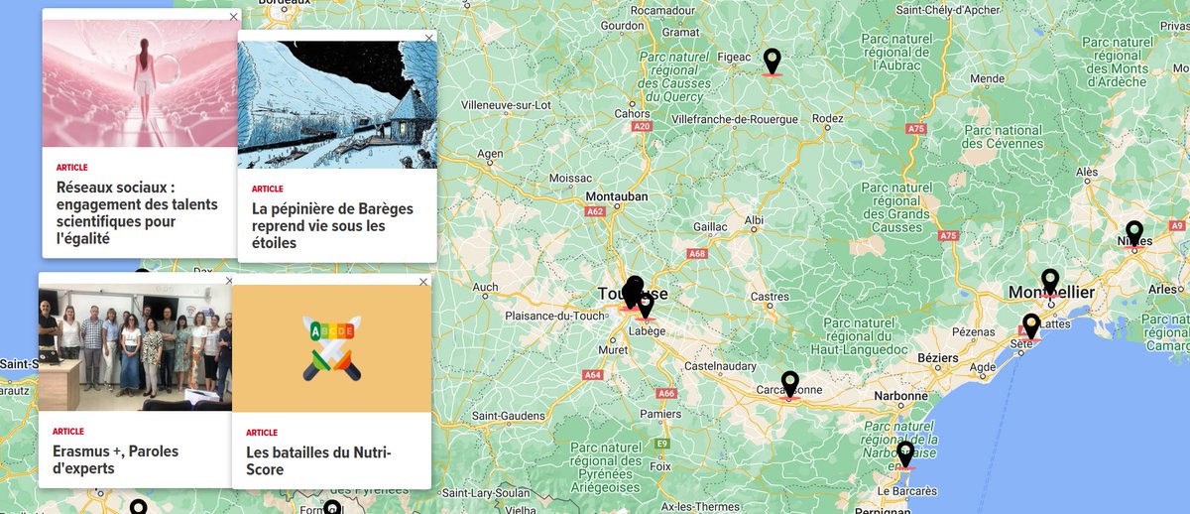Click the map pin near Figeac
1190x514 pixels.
coord(773,62)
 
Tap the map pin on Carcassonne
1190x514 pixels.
coord(790,384)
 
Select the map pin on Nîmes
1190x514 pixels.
coord(1134,233)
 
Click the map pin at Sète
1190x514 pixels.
coord(1031,325)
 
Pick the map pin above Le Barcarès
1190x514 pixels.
coord(905,454)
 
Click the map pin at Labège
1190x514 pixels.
coord(646,305)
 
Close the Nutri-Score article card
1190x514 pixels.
coord(423,282)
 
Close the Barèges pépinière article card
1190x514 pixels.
coord(429,38)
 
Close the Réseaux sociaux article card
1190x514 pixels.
coord(234,17)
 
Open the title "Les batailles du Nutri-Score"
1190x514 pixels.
coord(318,461)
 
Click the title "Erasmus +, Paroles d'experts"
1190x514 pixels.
coord(115,459)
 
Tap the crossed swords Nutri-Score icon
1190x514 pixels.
coord(331,347)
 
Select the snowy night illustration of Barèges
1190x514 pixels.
coord(337,104)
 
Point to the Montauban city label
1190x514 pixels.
coord(616,196)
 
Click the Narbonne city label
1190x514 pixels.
coord(899,396)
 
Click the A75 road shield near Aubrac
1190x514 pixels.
coord(915,129)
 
